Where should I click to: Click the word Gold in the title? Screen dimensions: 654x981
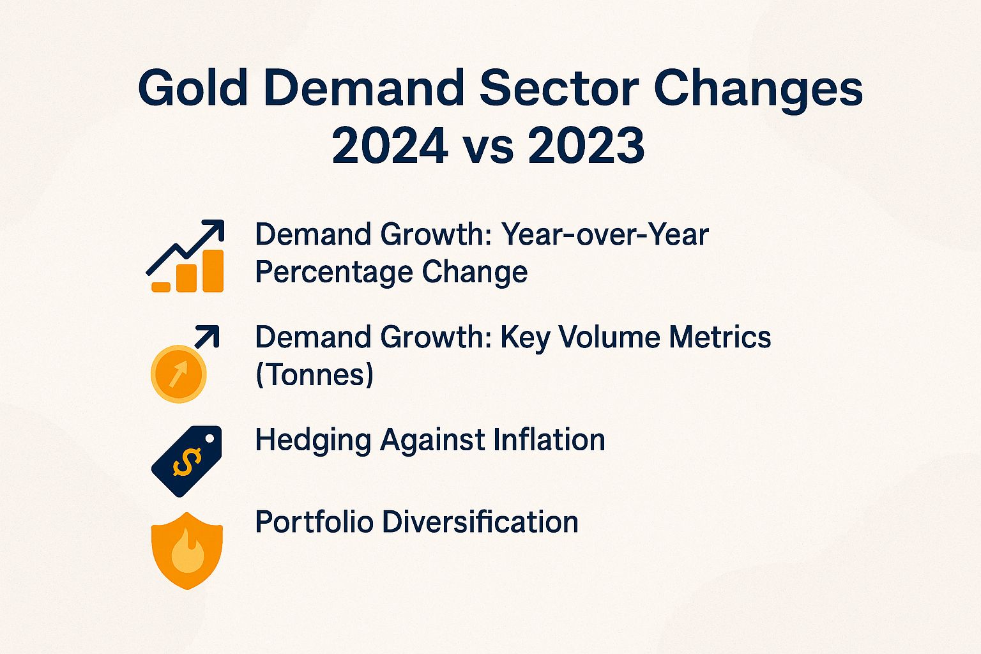(192, 89)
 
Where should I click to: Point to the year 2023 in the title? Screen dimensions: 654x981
(586, 146)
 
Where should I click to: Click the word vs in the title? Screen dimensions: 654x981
(489, 148)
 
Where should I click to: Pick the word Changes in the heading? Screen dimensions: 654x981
(758, 90)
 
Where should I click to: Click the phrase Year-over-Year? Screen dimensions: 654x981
(605, 234)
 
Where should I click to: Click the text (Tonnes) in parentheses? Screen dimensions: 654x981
(314, 375)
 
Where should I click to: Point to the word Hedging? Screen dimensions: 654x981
(312, 441)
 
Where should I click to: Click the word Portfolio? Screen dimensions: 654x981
(314, 522)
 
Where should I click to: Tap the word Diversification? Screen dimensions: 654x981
(480, 522)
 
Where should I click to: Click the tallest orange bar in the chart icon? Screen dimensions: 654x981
(213, 271)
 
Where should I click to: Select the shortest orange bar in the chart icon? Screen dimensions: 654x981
(161, 287)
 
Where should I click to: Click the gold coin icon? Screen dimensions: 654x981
(178, 374)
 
